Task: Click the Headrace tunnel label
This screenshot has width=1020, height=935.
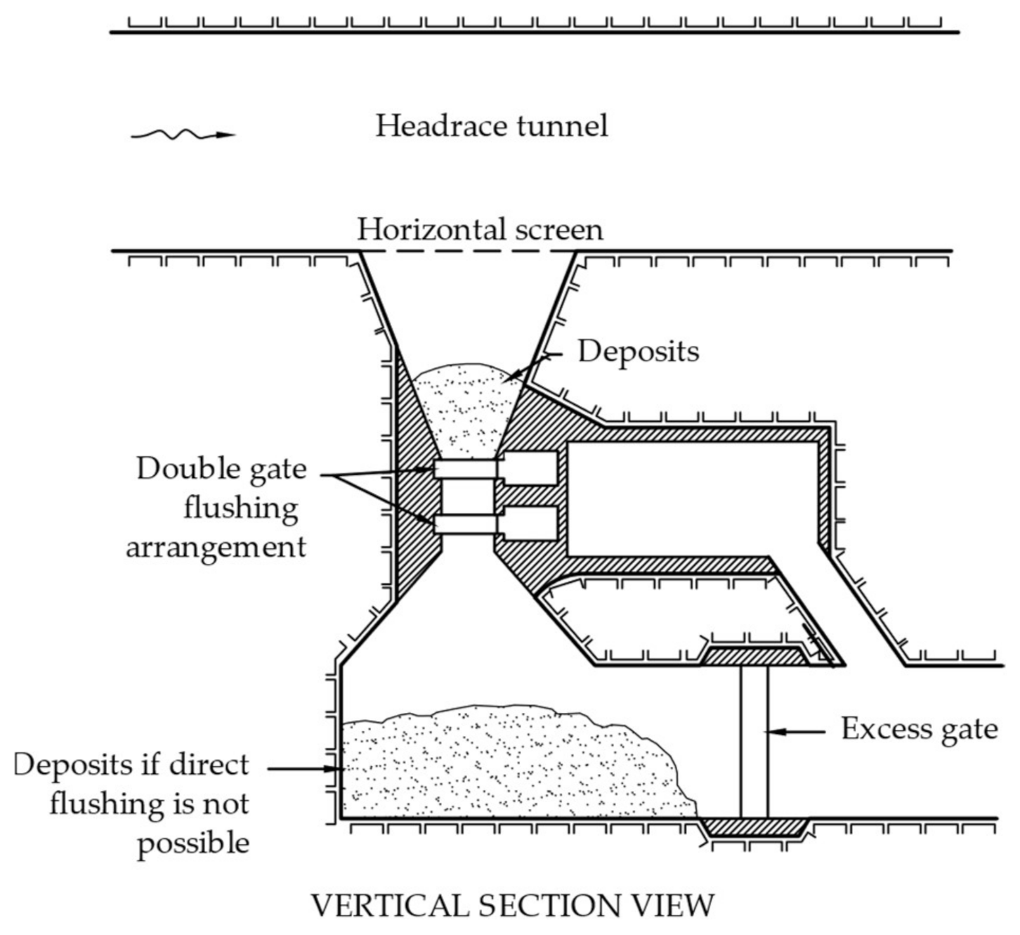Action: pyautogui.click(x=491, y=127)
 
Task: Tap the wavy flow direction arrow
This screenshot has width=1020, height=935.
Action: pyautogui.click(x=182, y=134)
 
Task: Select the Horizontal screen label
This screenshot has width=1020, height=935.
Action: pyautogui.click(x=480, y=230)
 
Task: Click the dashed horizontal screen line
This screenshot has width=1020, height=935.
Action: pyautogui.click(x=466, y=251)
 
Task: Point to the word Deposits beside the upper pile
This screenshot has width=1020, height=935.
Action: pyautogui.click(x=638, y=351)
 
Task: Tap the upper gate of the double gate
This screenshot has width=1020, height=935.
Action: pyautogui.click(x=466, y=469)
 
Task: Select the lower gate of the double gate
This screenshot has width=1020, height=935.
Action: pyautogui.click(x=466, y=524)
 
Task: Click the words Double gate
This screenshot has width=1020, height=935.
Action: pyautogui.click(x=221, y=469)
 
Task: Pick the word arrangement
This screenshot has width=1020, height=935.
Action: pyautogui.click(x=216, y=547)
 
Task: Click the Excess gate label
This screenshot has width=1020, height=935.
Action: pyautogui.click(x=919, y=729)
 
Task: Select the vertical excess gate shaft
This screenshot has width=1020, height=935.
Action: pyautogui.click(x=754, y=742)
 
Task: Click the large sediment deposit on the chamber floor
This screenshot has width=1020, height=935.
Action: pyautogui.click(x=506, y=763)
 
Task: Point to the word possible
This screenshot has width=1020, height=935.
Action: pyautogui.click(x=193, y=843)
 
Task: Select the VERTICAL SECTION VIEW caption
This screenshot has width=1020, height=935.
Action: pyautogui.click(x=512, y=905)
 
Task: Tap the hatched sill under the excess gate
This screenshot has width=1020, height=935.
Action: pyautogui.click(x=756, y=827)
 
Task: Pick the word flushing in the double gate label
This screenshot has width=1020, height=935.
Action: pyautogui.click(x=240, y=508)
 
